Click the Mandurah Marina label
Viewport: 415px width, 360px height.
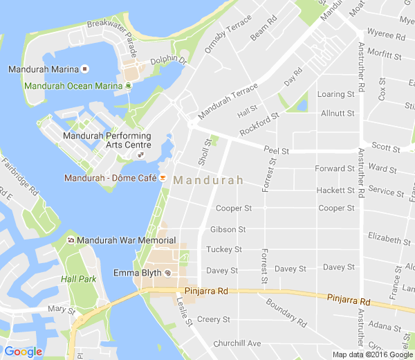coord(42,69)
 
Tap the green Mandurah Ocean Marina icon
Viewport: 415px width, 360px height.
coord(129,86)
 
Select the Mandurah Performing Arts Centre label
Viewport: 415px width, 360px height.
coord(107,140)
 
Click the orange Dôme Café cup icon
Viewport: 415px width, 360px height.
coord(163,178)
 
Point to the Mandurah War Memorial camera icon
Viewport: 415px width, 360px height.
coord(71,240)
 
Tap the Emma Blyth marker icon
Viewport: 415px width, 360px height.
coord(167,273)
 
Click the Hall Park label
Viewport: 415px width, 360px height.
coord(77,279)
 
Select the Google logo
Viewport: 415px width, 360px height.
coord(23,351)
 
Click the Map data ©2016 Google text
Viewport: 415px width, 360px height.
coord(372,354)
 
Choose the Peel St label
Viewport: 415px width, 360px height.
coord(276,150)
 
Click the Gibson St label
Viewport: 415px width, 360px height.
coord(228,229)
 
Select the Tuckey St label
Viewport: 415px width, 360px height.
coord(224,249)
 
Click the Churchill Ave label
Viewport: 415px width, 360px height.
coord(237,343)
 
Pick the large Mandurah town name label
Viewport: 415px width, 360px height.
coord(208,180)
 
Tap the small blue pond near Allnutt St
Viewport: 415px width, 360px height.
coord(301,105)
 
